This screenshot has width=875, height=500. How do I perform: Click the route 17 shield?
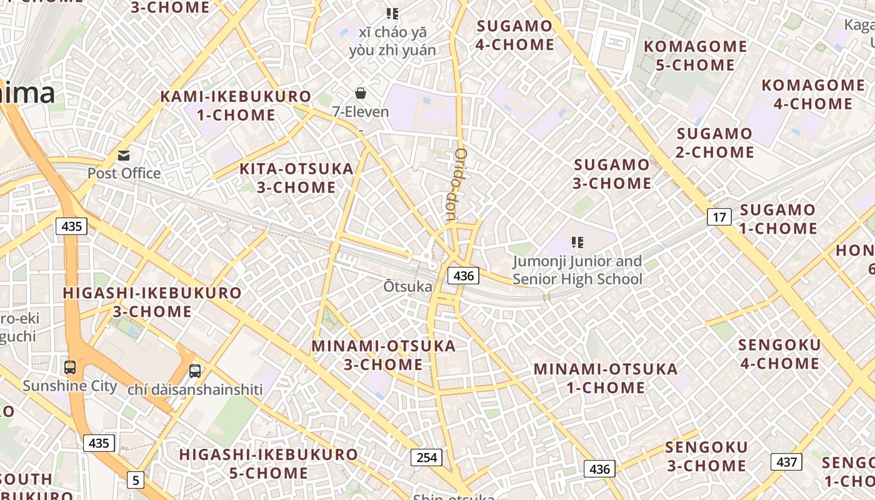pos(719,217)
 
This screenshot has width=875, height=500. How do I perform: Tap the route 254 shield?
pos(427,457)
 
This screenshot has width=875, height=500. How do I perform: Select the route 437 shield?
pos(786,462)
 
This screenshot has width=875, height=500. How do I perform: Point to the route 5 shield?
pos(136,480)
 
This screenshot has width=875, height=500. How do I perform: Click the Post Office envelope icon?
pos(124,155)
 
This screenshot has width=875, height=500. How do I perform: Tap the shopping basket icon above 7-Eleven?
pos(361,94)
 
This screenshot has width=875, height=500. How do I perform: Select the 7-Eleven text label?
pos(361,112)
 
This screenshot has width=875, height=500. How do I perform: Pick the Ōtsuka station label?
pos(407,287)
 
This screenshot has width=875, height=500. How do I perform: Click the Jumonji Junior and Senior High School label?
pos(577,270)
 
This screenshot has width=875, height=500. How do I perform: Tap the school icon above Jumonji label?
pos(577,242)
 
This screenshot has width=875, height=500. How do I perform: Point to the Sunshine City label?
pos(70,386)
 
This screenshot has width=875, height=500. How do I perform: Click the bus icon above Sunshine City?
pos(70,367)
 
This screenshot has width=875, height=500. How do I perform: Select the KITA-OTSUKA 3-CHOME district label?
pos(297,178)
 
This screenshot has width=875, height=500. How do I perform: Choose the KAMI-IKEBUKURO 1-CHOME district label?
pos(236,106)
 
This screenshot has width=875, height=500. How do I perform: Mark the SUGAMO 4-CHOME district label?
pos(515,35)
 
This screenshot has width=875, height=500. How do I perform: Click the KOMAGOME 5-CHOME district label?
pos(696,56)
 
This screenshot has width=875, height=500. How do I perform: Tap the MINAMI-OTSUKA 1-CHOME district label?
pos(606,378)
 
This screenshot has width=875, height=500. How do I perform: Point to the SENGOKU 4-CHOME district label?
pos(779,354)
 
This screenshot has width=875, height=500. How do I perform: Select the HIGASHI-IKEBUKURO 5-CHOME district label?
pos(269,464)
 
